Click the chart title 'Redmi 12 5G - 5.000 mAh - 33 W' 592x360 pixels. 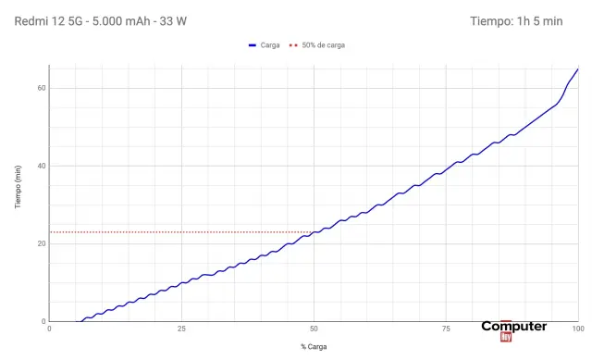coord(101,21)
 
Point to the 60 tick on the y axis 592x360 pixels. coord(42,88)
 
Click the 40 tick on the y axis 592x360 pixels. coord(42,166)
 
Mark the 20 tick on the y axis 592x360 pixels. coord(42,243)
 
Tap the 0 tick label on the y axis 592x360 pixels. coord(43,321)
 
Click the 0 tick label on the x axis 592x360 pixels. coord(50,329)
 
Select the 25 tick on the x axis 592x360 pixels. coord(182,329)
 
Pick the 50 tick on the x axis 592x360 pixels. coord(314,329)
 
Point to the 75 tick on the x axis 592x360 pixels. coord(446,329)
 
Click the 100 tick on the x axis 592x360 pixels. coord(577,329)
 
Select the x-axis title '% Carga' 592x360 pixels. coord(314,347)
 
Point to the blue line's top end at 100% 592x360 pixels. coord(577,69)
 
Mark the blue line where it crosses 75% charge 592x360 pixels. coord(446,169)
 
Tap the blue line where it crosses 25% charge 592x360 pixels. coord(182,280)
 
